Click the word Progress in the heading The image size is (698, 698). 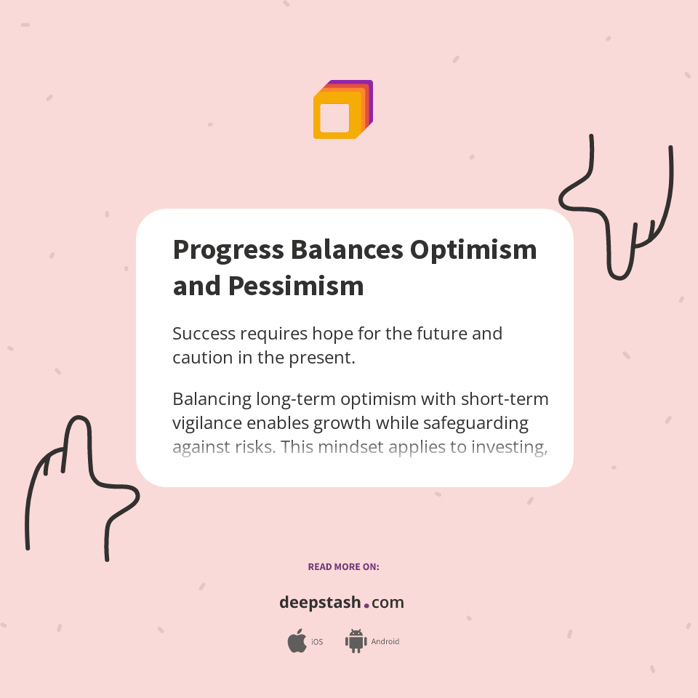coord(228,250)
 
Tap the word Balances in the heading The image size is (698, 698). coord(347,250)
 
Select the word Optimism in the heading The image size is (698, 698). coord(473,250)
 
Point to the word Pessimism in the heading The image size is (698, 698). coord(296,286)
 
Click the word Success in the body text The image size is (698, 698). coord(204,334)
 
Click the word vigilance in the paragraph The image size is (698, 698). coord(208,423)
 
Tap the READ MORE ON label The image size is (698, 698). coord(343,566)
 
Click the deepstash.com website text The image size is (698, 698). coord(342,603)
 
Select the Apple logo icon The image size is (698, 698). coord(297,641)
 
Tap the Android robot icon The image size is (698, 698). coord(356,641)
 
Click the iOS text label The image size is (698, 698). coord(317,642)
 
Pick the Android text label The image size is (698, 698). coord(385,642)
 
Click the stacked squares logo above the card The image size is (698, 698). coord(342,110)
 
